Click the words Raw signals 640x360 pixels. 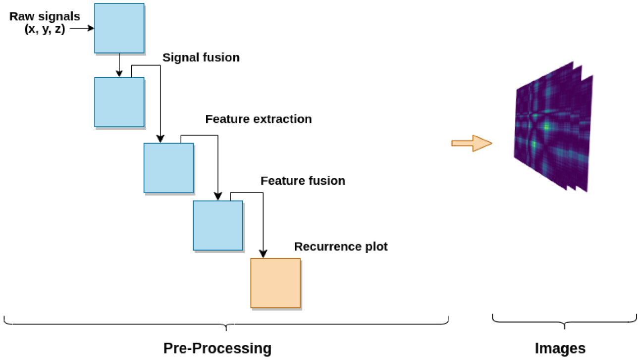pyautogui.click(x=45, y=17)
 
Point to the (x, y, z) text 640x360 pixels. pyautogui.click(x=45, y=29)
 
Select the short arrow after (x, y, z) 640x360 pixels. pyautogui.click(x=82, y=29)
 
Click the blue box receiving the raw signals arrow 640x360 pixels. pyautogui.click(x=119, y=28)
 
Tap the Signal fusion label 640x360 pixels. pyautogui.click(x=201, y=57)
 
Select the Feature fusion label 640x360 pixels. pyautogui.click(x=303, y=181)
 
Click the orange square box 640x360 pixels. pyautogui.click(x=275, y=283)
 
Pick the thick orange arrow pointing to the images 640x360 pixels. pyautogui.click(x=471, y=144)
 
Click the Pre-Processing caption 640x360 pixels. pyautogui.click(x=217, y=348)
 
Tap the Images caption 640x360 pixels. pyautogui.click(x=560, y=348)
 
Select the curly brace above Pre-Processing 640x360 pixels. pyautogui.click(x=226, y=324)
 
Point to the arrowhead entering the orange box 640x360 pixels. pyautogui.click(x=263, y=254)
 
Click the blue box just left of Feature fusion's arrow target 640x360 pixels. pyautogui.click(x=168, y=167)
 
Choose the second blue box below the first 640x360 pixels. pyautogui.click(x=119, y=102)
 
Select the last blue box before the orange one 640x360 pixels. pyautogui.click(x=218, y=225)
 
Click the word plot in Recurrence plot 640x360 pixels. pyautogui.click(x=375, y=247)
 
